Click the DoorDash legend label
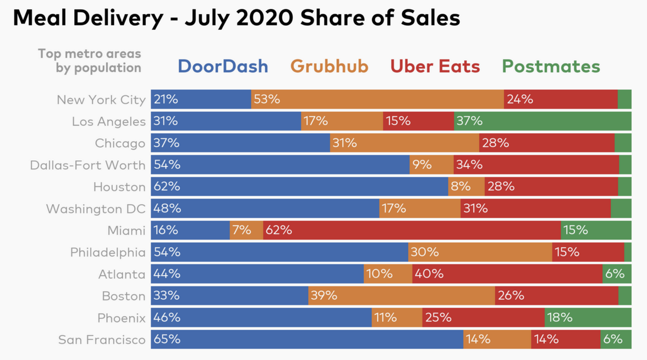pyautogui.click(x=223, y=67)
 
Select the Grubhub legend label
pyautogui.click(x=329, y=67)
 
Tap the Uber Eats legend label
pyautogui.click(x=435, y=67)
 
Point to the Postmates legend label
pyautogui.click(x=551, y=67)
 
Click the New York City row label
pyautogui.click(x=101, y=100)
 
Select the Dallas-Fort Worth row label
pyautogui.click(x=88, y=165)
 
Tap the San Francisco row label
pyautogui.click(x=102, y=340)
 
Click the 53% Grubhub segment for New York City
pyautogui.click(x=377, y=100)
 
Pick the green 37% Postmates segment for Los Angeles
pyautogui.click(x=542, y=121)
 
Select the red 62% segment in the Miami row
pyautogui.click(x=412, y=230)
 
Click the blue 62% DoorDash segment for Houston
pyautogui.click(x=299, y=187)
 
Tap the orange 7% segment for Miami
pyautogui.click(x=246, y=230)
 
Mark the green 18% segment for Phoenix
pyautogui.click(x=588, y=318)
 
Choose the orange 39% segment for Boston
pyautogui.click(x=401, y=296)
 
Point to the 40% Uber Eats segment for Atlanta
pyautogui.click(x=507, y=274)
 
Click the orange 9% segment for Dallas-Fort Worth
pyautogui.click(x=431, y=165)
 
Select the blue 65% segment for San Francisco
pyautogui.click(x=307, y=339)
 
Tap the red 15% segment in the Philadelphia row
pyautogui.click(x=588, y=252)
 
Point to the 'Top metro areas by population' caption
pyautogui.click(x=90, y=61)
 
